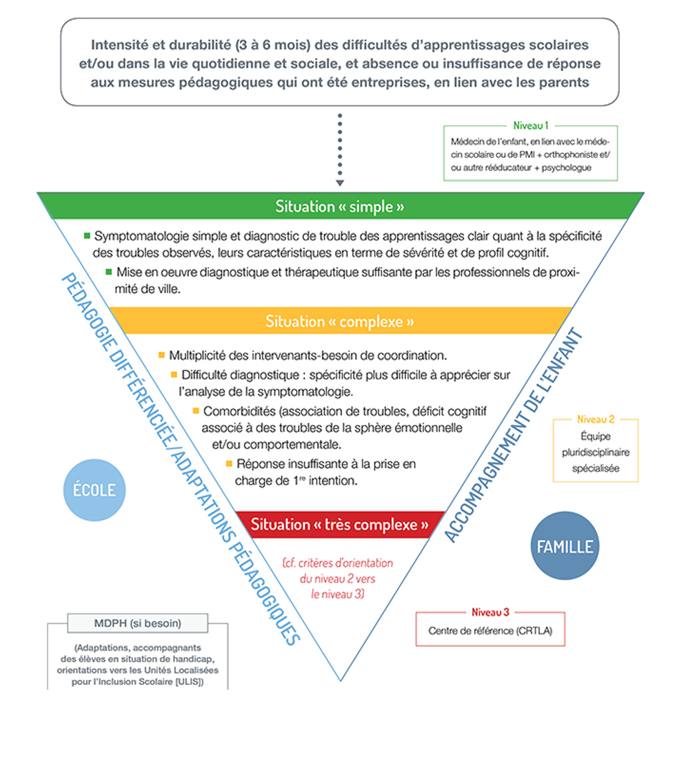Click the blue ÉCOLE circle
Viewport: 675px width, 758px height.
click(94, 490)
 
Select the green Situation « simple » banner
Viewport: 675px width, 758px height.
click(339, 206)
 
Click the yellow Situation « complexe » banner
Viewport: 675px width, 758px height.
click(340, 321)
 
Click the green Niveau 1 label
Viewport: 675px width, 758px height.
click(530, 126)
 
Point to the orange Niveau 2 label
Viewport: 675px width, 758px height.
click(596, 419)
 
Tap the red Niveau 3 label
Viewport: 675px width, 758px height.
click(490, 612)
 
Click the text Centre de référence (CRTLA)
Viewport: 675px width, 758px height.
click(490, 630)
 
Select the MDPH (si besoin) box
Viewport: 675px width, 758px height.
click(137, 624)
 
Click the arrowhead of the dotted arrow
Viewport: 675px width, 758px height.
click(339, 183)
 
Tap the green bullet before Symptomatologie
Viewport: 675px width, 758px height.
click(87, 235)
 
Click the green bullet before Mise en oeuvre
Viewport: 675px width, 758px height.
click(109, 271)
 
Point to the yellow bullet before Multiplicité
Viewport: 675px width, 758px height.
click(161, 355)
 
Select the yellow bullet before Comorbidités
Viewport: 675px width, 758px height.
click(196, 411)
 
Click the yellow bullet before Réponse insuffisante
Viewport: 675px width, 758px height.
click(229, 464)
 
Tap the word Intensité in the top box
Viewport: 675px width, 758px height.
click(119, 46)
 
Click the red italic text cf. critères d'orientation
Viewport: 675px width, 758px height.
click(338, 563)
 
